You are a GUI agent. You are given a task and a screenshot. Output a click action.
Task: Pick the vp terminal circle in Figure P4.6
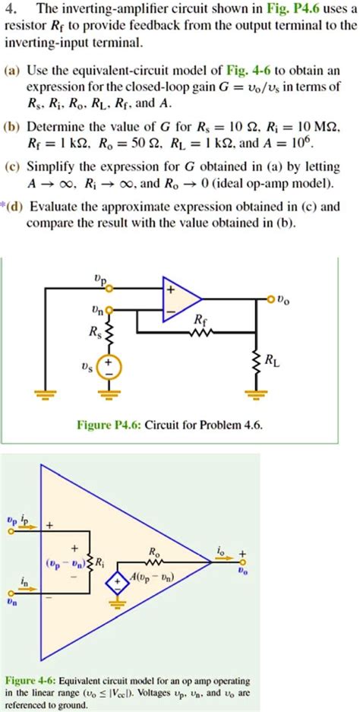[110, 288]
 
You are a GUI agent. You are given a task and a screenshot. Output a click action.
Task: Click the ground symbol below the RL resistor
[253, 394]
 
